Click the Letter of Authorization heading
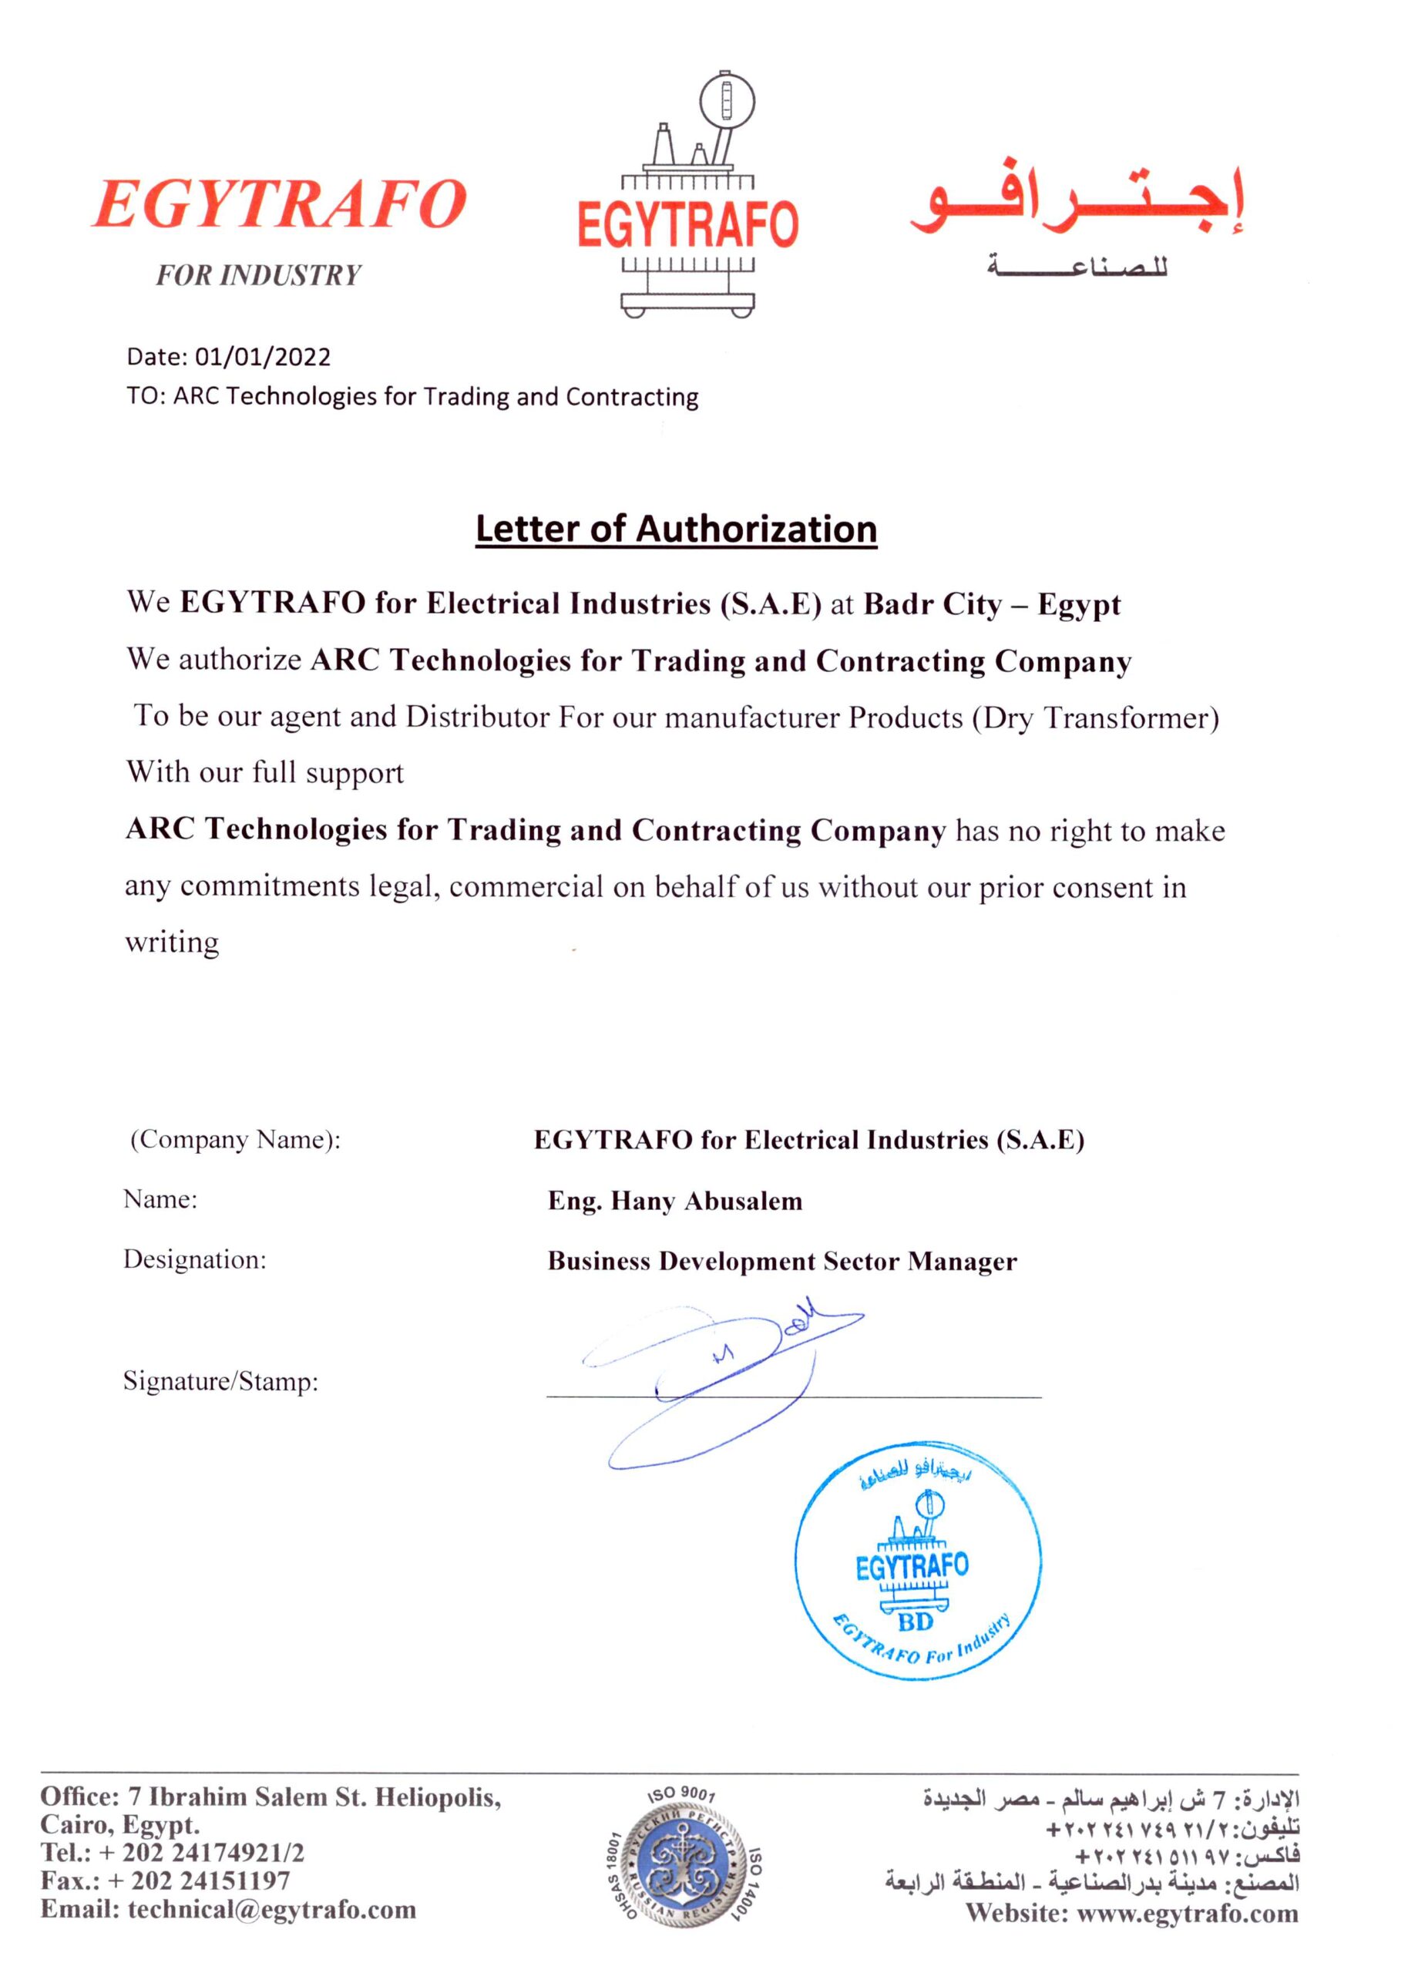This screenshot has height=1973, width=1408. [677, 529]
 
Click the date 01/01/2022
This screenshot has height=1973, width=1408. [263, 357]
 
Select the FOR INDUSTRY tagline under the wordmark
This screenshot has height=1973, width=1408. [257, 276]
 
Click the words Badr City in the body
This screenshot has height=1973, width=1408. [933, 604]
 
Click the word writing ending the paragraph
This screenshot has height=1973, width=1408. [172, 943]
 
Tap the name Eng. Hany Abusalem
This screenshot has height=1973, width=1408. [674, 1201]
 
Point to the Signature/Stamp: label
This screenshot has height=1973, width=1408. [220, 1381]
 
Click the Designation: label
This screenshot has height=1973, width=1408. [194, 1259]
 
